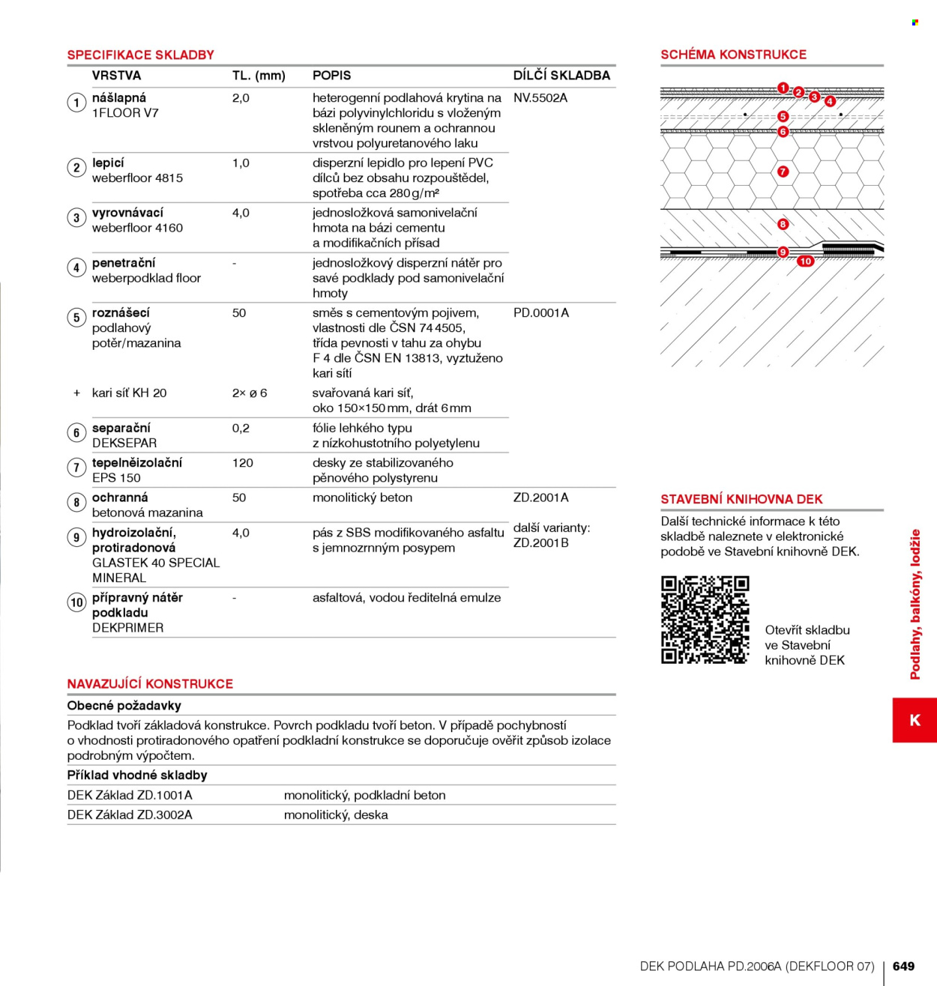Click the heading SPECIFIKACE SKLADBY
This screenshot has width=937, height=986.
pos(140,55)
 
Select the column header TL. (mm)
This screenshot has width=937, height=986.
pos(259,76)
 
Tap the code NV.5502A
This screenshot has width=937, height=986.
pos(540,98)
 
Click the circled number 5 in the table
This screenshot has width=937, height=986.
pos(76,318)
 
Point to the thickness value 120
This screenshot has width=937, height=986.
pos(242,463)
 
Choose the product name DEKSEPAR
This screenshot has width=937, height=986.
pos(124,444)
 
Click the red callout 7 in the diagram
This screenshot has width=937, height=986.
pos(783,172)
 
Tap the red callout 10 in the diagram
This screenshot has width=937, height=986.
pos(806,261)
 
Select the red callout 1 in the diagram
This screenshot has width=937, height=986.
pos(783,88)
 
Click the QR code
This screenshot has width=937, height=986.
pos(705,620)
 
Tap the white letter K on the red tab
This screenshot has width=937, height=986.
pos(915,720)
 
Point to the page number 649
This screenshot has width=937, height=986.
pos(903,966)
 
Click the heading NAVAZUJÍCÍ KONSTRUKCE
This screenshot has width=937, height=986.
pos(150,684)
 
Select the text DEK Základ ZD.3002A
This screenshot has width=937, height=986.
pos(130,815)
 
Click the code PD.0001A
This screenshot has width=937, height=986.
pos(541,313)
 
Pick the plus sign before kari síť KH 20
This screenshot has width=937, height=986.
pos(76,393)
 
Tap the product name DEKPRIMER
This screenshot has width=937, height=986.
pos(128,628)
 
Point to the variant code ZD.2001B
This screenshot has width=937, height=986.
pos(541,543)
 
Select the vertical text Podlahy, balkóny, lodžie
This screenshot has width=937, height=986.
pos(915,605)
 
